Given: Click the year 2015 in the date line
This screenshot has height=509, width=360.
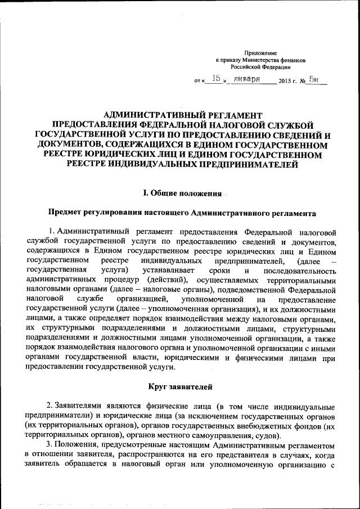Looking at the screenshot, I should tap(287, 82).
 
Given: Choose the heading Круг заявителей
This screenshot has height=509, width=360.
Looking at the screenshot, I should tap(179, 386).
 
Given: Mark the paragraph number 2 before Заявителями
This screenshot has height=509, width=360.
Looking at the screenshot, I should tap(49, 406).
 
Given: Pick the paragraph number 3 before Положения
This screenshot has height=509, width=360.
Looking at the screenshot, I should tap(49, 444).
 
